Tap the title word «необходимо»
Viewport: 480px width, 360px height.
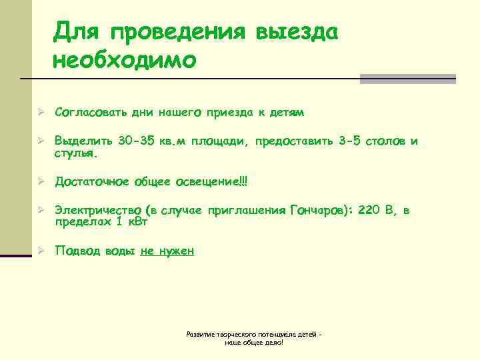point(125,60)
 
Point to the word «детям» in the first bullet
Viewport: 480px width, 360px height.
point(287,113)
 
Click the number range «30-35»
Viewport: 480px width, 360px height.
point(135,141)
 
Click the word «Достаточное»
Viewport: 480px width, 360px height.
point(93,181)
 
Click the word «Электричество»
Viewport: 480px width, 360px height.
point(97,211)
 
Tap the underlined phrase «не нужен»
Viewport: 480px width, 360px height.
point(167,251)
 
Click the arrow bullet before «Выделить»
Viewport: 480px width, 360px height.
point(40,141)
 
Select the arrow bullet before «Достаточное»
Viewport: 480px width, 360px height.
point(40,181)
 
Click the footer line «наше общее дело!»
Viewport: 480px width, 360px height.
point(254,342)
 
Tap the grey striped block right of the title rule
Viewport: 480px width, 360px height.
point(407,79)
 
